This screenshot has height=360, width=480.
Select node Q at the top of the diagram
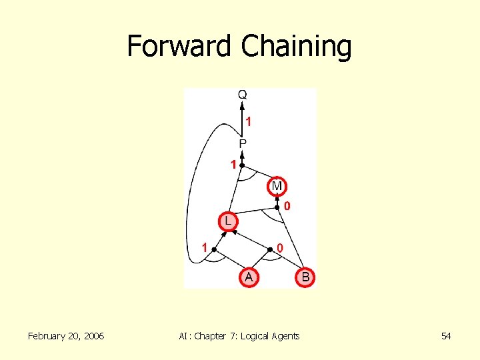243,95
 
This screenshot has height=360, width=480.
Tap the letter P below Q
243,144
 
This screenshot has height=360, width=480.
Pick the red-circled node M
277,185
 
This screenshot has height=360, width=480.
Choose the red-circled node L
227,220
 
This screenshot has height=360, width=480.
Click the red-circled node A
248,276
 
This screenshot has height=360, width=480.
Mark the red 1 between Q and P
249,122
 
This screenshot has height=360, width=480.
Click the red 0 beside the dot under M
287,207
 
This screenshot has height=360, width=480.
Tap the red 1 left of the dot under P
234,164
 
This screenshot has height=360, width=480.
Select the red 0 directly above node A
280,248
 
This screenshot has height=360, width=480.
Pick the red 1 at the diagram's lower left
205,247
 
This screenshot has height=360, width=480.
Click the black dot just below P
243,165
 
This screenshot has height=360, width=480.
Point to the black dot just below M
277,207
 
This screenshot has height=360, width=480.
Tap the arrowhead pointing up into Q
243,105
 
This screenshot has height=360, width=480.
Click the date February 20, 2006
66,336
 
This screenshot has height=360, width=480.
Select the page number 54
446,336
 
